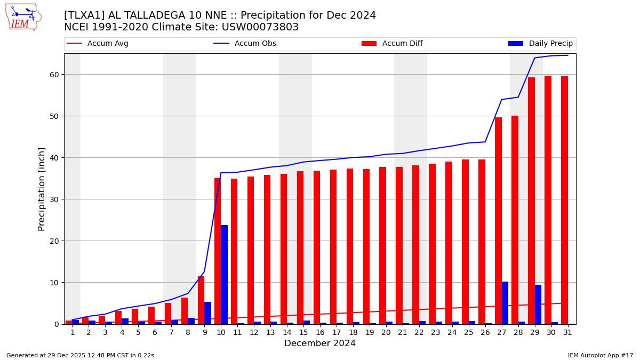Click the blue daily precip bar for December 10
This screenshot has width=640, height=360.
[224, 275]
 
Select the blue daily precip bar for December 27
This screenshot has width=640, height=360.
[505, 303]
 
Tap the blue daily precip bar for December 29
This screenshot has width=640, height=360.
[538, 305]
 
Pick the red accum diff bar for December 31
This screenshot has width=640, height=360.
[564, 200]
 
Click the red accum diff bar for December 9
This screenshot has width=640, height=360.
[201, 300]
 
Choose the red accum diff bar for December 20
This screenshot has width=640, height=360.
[382, 245]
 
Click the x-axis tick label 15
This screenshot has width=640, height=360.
[303, 332]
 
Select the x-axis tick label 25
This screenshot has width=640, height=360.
[469, 332]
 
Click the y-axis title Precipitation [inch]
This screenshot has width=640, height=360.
[42, 189]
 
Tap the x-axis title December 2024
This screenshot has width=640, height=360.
[320, 343]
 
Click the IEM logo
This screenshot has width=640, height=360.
[23, 17]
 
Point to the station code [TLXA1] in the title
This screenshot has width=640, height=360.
[84, 15]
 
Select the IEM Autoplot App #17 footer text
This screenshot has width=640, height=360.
[601, 356]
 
